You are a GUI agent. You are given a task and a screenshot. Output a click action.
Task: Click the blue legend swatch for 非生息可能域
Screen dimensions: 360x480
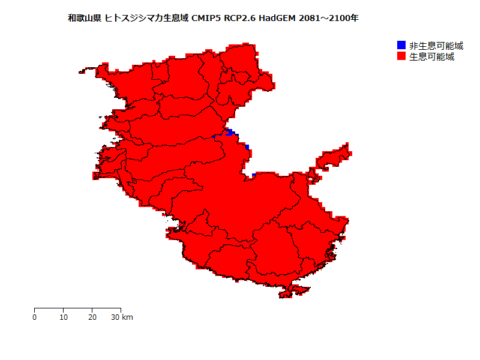(x=401, y=46)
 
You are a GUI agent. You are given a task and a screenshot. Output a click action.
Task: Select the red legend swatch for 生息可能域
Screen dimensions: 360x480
(x=401, y=56)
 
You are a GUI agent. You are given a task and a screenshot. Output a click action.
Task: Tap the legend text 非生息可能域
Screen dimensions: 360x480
(x=436, y=46)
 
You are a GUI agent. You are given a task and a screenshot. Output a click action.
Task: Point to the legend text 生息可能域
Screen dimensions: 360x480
(x=431, y=57)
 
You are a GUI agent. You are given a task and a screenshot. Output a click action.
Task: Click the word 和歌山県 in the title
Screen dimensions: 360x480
(x=85, y=19)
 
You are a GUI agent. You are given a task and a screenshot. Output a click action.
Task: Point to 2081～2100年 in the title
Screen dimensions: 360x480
(x=329, y=19)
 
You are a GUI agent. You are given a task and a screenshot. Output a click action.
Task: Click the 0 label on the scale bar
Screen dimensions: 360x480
(x=35, y=317)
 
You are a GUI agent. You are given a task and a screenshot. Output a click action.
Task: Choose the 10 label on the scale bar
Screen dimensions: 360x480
(x=64, y=317)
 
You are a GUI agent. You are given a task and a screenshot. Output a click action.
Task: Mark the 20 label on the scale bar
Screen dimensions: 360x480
(x=92, y=317)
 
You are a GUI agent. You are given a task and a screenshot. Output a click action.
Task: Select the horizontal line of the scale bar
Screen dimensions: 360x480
(x=78, y=308)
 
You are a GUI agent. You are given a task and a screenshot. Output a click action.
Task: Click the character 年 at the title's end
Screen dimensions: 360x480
(x=355, y=19)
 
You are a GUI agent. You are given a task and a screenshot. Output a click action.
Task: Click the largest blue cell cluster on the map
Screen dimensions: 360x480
(x=229, y=132)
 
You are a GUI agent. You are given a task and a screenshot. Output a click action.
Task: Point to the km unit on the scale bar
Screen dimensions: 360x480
(x=127, y=317)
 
